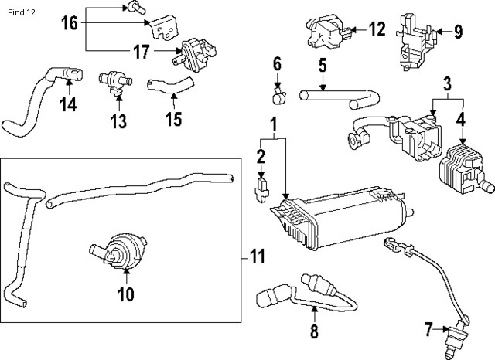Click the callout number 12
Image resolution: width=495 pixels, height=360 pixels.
(x=377, y=30)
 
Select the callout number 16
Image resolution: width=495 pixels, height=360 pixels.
(x=69, y=23)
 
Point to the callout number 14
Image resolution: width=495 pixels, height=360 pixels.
(x=68, y=104)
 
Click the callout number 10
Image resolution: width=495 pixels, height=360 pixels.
(x=125, y=294)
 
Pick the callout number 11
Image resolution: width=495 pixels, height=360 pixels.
(x=257, y=256)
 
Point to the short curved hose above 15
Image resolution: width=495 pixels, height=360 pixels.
(x=162, y=81)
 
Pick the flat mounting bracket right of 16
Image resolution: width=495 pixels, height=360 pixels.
(x=165, y=29)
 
